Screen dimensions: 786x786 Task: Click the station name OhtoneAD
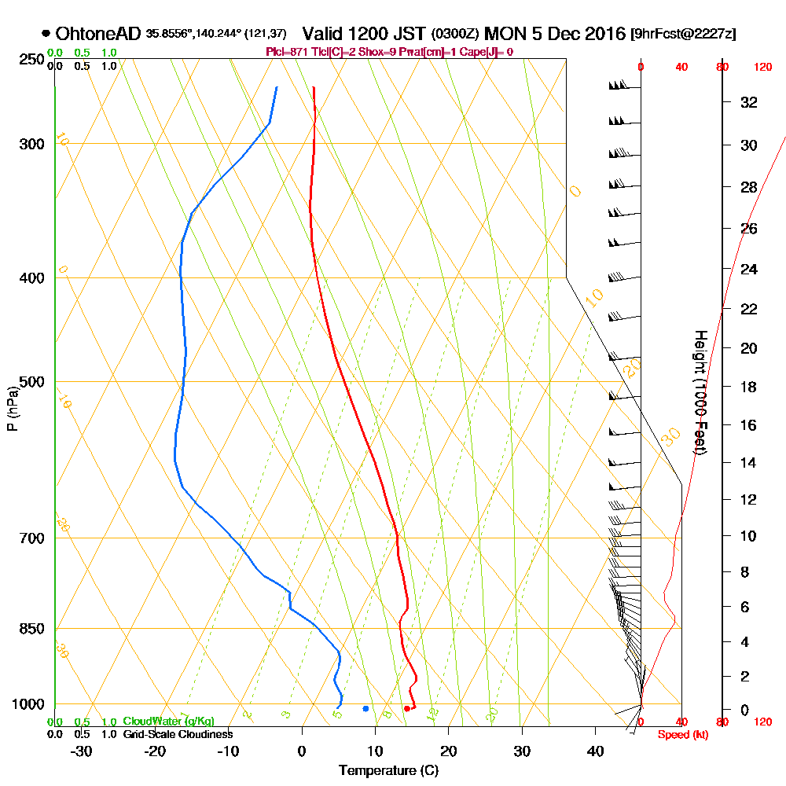pyautogui.click(x=98, y=34)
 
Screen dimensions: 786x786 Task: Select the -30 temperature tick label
pyautogui.click(x=82, y=751)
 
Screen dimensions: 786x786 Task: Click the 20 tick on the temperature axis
pyautogui.click(x=449, y=751)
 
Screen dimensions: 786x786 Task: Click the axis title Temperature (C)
pyautogui.click(x=388, y=771)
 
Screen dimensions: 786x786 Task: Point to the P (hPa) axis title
pyautogui.click(x=12, y=408)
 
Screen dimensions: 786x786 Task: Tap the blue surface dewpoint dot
pyautogui.click(x=365, y=709)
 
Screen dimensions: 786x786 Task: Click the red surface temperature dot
pyautogui.click(x=406, y=709)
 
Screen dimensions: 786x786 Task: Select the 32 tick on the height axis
pyautogui.click(x=749, y=102)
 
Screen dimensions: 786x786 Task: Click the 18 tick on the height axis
pyautogui.click(x=749, y=387)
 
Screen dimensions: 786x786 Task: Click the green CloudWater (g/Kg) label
pyautogui.click(x=168, y=722)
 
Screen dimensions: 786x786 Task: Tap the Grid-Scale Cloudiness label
pyautogui.click(x=178, y=734)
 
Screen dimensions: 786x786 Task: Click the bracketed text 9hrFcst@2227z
pyautogui.click(x=683, y=34)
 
